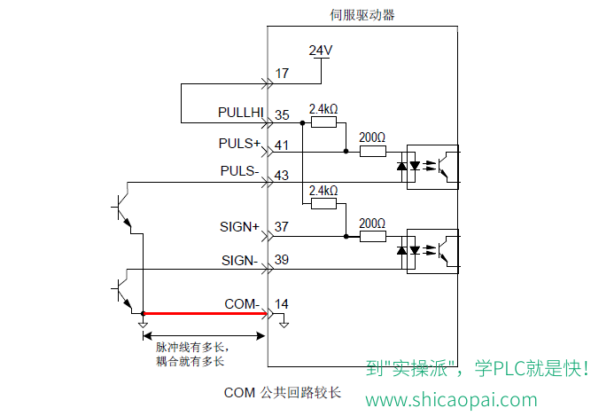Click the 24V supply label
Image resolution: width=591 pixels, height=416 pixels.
click(321, 51)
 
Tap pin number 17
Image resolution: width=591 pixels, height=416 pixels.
click(282, 73)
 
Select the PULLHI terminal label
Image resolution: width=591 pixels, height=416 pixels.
click(240, 113)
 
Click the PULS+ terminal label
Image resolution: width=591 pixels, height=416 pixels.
click(239, 144)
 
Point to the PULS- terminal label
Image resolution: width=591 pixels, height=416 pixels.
click(240, 171)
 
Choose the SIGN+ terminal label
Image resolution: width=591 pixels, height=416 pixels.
click(240, 227)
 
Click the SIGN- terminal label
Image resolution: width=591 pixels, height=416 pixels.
click(240, 260)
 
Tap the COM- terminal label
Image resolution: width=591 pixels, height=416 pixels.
click(242, 303)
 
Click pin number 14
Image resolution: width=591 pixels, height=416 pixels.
click(282, 304)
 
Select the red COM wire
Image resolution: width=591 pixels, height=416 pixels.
click(205, 313)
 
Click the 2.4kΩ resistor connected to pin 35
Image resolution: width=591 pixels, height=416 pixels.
click(323, 122)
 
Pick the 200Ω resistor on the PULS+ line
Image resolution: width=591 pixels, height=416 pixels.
click(373, 152)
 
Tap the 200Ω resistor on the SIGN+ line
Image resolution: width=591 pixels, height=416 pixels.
click(373, 237)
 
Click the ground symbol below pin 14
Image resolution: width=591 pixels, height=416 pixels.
click(284, 325)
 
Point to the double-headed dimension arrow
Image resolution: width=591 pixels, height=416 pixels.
click(204, 335)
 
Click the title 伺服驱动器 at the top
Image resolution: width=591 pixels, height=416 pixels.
click(362, 15)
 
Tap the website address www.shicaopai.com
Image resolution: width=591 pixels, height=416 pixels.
click(451, 400)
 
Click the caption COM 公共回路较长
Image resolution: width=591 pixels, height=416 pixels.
click(283, 393)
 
